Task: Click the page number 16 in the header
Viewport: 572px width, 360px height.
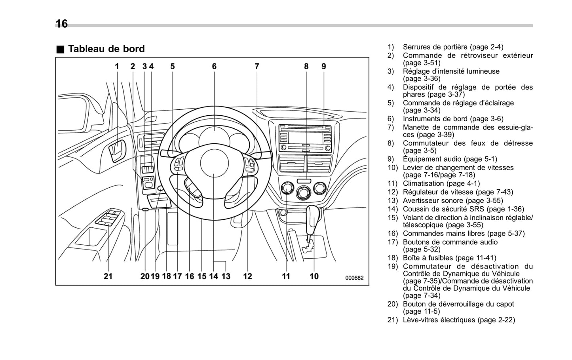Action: [x=61, y=24]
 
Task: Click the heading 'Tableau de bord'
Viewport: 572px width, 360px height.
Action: [x=106, y=49]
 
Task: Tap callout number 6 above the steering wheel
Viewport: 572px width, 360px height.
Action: [x=214, y=67]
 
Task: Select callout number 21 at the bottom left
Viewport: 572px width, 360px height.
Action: [x=108, y=276]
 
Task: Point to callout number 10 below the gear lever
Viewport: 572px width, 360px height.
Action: [x=314, y=276]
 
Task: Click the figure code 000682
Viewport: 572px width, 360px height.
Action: [x=354, y=278]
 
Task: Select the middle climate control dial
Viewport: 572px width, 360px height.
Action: [x=303, y=193]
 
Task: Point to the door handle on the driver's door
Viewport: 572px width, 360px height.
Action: [x=117, y=150]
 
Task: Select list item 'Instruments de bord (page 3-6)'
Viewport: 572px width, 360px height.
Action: [x=453, y=119]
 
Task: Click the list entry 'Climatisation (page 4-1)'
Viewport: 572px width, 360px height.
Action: [x=441, y=183]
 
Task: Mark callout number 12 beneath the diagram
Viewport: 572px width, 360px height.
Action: [x=247, y=276]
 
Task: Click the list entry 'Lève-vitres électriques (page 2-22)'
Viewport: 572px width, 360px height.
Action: [x=459, y=320]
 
